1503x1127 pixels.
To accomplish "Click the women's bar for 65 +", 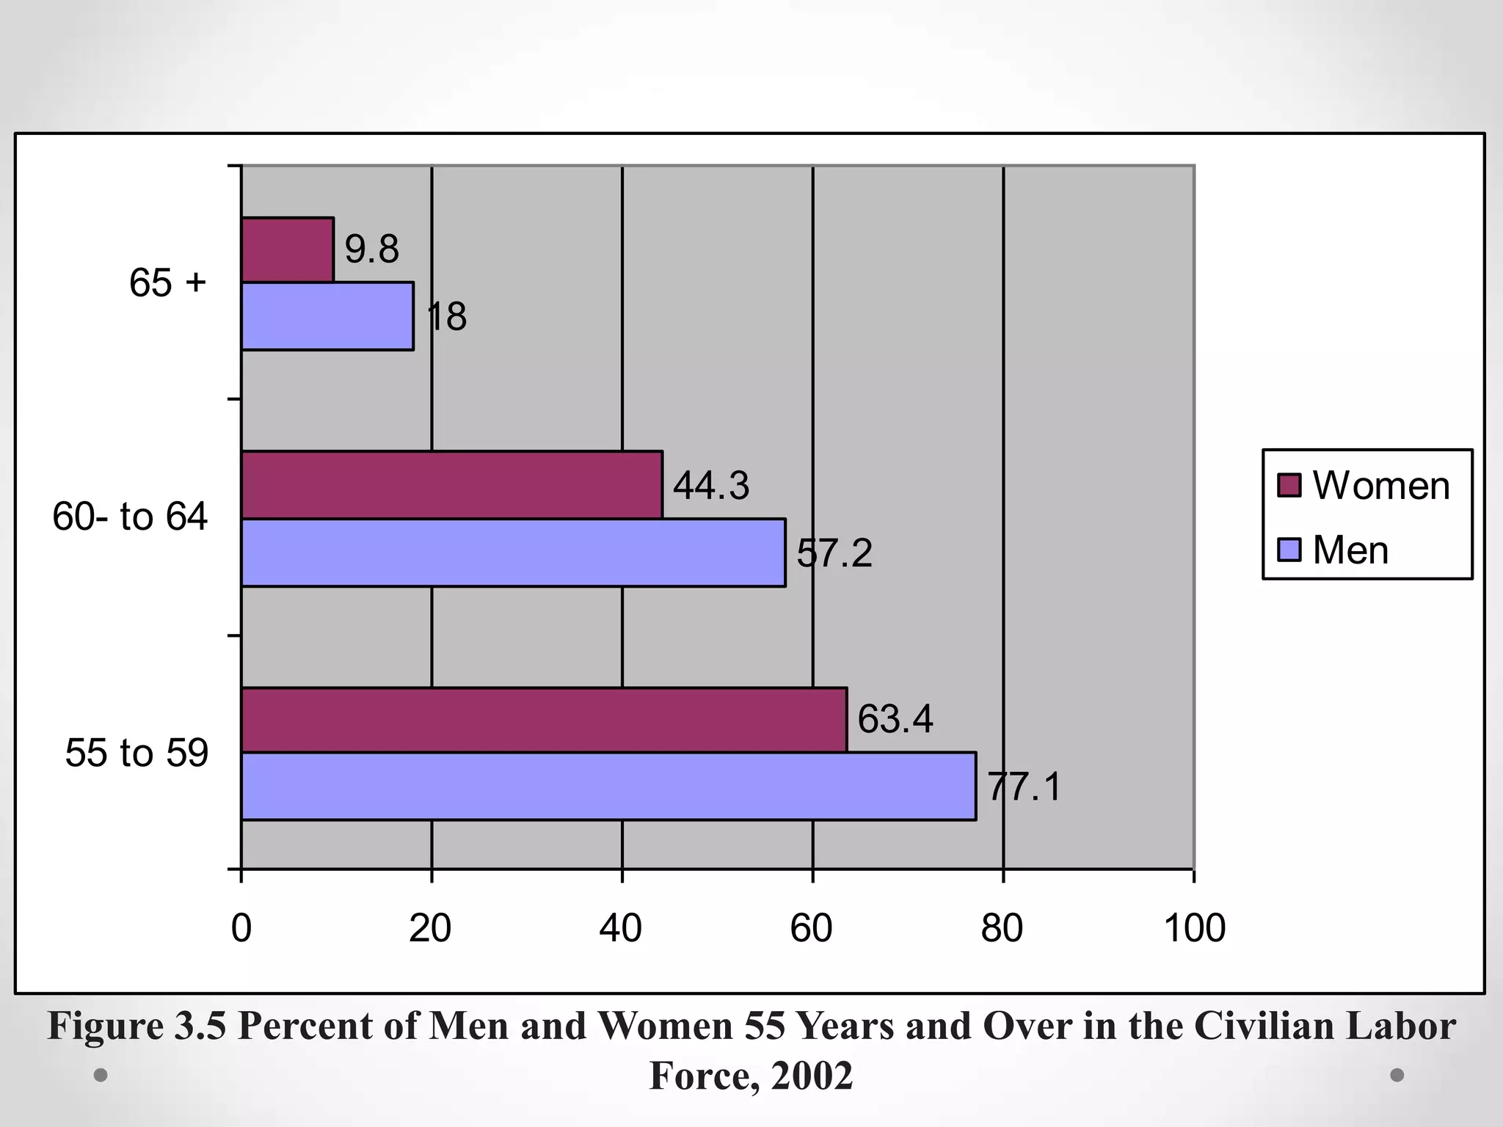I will (x=287, y=249).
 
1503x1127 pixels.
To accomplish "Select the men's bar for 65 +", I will (x=327, y=316).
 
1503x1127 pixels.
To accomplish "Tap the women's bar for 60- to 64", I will (x=451, y=485).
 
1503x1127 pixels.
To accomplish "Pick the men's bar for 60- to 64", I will (x=513, y=552).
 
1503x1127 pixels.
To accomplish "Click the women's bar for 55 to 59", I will (x=544, y=720).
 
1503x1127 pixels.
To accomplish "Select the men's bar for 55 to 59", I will (x=608, y=786).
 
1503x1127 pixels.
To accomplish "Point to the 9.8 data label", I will (x=372, y=249).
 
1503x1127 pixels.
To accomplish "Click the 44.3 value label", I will (x=711, y=486).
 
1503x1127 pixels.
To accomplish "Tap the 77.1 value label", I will (x=1025, y=787).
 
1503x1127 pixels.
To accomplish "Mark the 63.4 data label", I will (x=895, y=719).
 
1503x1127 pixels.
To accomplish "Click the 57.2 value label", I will (x=835, y=553).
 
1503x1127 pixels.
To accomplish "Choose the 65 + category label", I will (x=168, y=282).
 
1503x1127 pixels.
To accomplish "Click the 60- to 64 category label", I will (x=130, y=517).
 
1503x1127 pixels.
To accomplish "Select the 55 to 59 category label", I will (x=137, y=753).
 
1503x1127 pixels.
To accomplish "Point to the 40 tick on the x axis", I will (x=621, y=928).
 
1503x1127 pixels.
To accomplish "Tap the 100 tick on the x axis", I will (x=1195, y=928).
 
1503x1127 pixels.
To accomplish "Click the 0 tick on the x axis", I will (x=241, y=928).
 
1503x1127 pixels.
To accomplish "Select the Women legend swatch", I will (x=1289, y=486).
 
